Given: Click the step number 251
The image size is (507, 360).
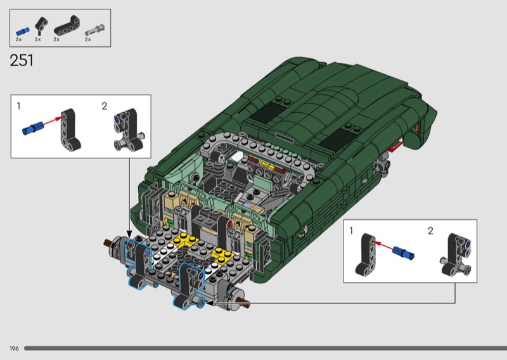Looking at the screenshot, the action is click(x=22, y=60).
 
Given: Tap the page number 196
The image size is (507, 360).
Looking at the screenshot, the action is click(x=14, y=349).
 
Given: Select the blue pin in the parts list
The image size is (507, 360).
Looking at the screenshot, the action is click(x=23, y=32).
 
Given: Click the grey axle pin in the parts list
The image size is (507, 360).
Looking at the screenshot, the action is click(x=94, y=29).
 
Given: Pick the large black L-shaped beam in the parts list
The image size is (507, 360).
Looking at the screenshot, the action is click(x=67, y=25).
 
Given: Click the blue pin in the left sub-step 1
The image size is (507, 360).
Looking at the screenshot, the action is click(x=33, y=127).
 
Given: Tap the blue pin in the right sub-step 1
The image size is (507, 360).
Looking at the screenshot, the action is click(x=404, y=253).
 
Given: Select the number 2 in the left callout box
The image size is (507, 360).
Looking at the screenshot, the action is click(x=104, y=106).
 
